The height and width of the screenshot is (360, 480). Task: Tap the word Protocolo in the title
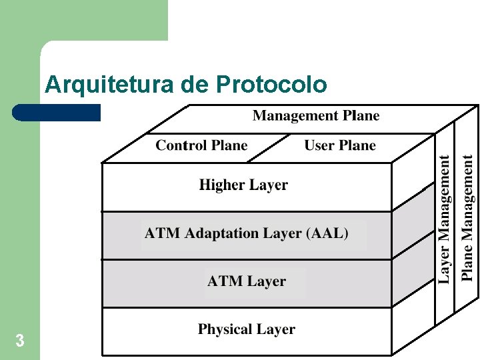[x=271, y=85]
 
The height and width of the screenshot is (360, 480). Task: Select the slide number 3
[x=20, y=341]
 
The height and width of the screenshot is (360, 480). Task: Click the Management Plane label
[x=316, y=116]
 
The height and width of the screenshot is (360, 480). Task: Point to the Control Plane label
[x=201, y=145]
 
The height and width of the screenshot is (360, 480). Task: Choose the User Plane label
[x=340, y=145]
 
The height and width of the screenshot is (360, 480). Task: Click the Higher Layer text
[x=243, y=185]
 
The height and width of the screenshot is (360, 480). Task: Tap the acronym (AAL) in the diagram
[x=327, y=233]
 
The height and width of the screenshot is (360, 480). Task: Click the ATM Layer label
[x=247, y=281]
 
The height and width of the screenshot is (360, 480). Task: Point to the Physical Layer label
[x=247, y=329]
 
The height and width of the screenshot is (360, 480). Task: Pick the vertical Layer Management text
[x=445, y=219]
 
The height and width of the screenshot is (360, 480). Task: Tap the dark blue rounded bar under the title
[x=56, y=113]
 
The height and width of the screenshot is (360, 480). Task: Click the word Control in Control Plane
[x=182, y=145]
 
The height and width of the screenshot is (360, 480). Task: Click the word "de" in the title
[x=195, y=85]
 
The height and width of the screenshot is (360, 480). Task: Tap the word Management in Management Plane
[x=295, y=116]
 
